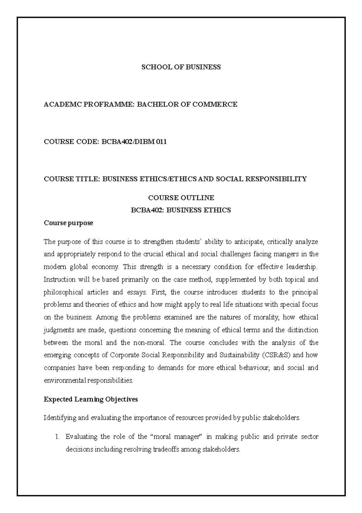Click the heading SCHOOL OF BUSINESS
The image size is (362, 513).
(x=181, y=67)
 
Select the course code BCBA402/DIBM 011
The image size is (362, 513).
(x=134, y=142)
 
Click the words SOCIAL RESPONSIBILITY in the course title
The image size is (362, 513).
(x=261, y=179)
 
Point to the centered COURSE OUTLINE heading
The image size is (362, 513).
(x=181, y=198)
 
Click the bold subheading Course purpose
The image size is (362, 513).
(x=68, y=223)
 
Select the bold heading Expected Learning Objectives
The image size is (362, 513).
(x=91, y=399)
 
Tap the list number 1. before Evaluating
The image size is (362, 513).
(x=59, y=437)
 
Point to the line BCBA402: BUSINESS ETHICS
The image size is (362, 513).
(x=181, y=210)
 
